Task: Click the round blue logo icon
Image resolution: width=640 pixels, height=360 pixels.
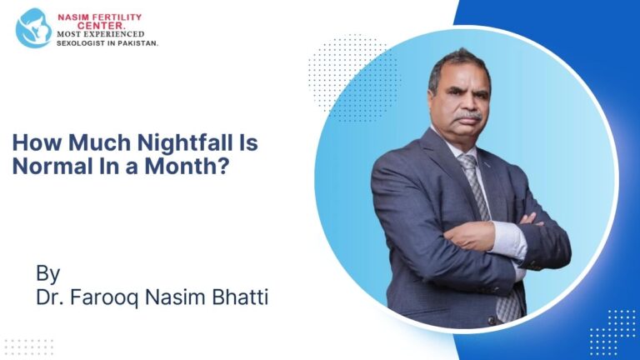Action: pyautogui.click(x=33, y=27)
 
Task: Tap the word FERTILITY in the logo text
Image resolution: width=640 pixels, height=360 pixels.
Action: pyautogui.click(x=113, y=17)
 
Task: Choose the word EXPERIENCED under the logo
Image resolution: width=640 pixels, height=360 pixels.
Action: pyautogui.click(x=116, y=33)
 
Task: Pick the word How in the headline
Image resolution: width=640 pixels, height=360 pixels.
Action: pyautogui.click(x=32, y=142)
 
